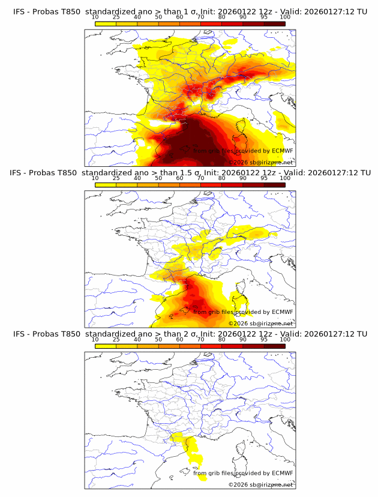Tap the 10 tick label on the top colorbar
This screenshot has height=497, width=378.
tap(95, 17)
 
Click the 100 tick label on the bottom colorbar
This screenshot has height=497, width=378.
tap(285, 339)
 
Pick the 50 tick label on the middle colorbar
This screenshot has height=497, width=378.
tap(158, 178)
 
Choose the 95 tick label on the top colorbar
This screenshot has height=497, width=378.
tap(264, 17)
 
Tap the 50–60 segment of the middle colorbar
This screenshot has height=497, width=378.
tap(169, 184)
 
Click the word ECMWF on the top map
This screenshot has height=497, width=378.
tap(282, 151)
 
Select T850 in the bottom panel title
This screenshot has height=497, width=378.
tap(71, 334)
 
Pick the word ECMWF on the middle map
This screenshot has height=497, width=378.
tap(282, 312)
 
